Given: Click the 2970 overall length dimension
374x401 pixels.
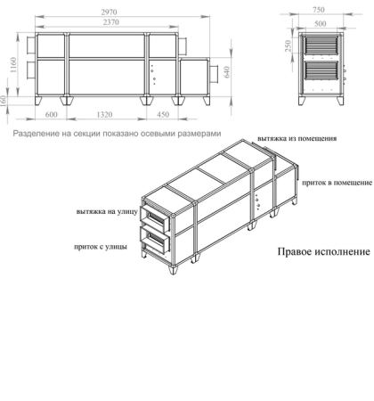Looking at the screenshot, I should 112,7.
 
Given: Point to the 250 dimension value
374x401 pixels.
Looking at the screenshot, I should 288,46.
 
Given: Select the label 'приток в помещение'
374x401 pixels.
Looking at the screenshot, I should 336,182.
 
